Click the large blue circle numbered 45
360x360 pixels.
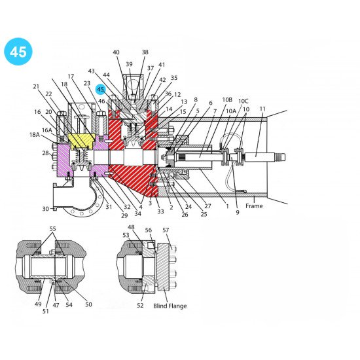[18, 52]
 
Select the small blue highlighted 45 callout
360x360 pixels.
[101, 90]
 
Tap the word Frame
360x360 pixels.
[254, 206]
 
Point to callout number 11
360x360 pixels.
[262, 109]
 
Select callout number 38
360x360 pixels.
[145, 52]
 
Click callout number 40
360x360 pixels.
[116, 52]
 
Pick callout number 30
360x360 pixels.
[46, 209]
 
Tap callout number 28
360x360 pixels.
[46, 153]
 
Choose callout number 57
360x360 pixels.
[166, 230]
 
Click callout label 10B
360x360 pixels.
[227, 100]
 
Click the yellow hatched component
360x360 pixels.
[80, 140]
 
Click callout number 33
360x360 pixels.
[160, 212]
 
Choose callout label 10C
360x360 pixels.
[243, 101]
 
